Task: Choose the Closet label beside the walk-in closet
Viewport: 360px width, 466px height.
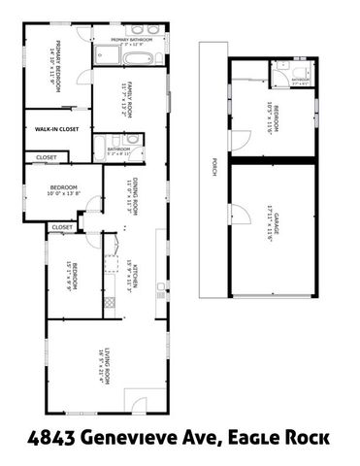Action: pyautogui.click(x=46, y=156)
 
